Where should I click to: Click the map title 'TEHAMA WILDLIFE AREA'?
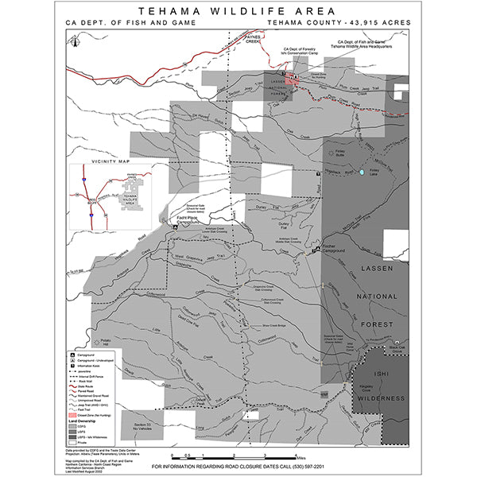pos(238,12)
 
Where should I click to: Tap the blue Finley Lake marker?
pos(363,172)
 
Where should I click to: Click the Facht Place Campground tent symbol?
pos(174,227)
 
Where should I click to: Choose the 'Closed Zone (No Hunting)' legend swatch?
pos(73,417)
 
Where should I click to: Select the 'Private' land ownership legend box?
pos(73,444)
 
